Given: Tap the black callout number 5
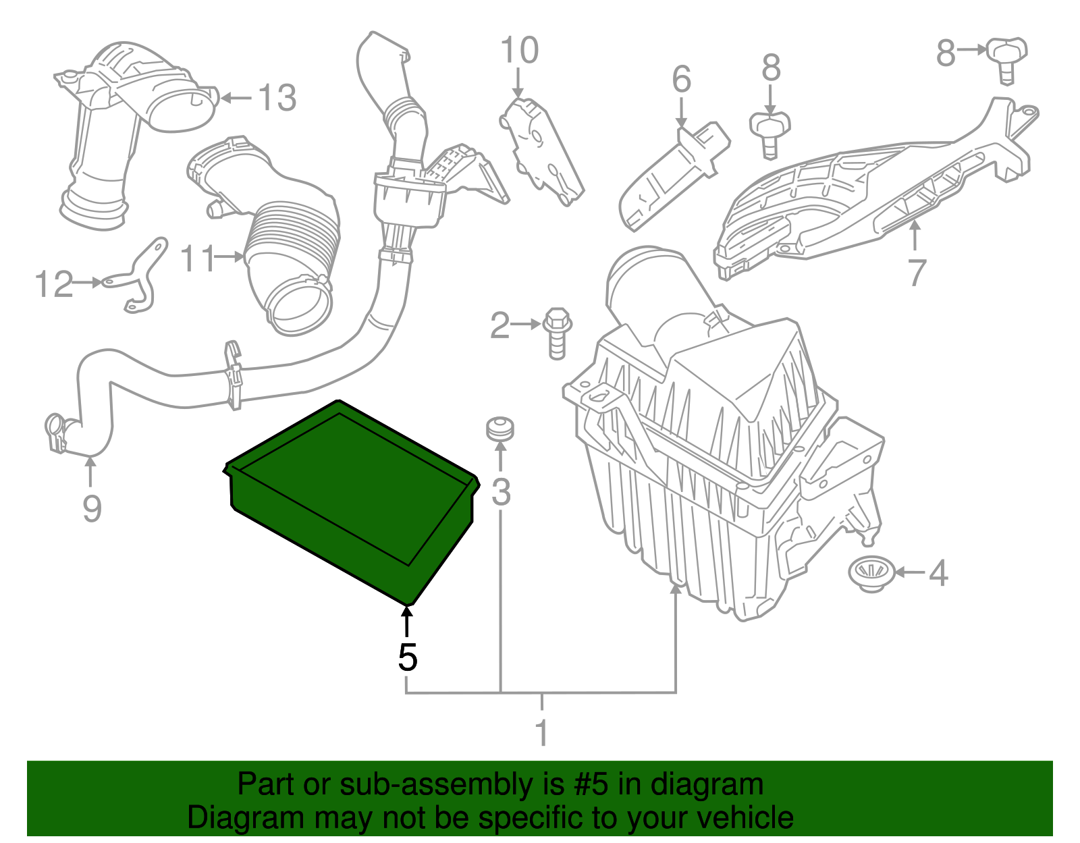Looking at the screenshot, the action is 407,657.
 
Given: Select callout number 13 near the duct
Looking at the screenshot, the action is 277,99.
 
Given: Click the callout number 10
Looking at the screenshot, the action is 519,51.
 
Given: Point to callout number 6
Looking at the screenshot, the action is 681,80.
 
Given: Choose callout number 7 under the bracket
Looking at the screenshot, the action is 916,273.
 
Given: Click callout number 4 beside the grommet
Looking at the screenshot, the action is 938,574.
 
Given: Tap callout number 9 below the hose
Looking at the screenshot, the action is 92,508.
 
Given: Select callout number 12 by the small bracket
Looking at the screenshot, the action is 53,284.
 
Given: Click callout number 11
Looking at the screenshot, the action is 198,258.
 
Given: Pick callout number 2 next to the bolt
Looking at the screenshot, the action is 500,326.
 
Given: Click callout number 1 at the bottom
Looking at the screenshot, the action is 541,732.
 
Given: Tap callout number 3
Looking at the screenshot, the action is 501,491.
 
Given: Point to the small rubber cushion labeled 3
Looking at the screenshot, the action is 500,429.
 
